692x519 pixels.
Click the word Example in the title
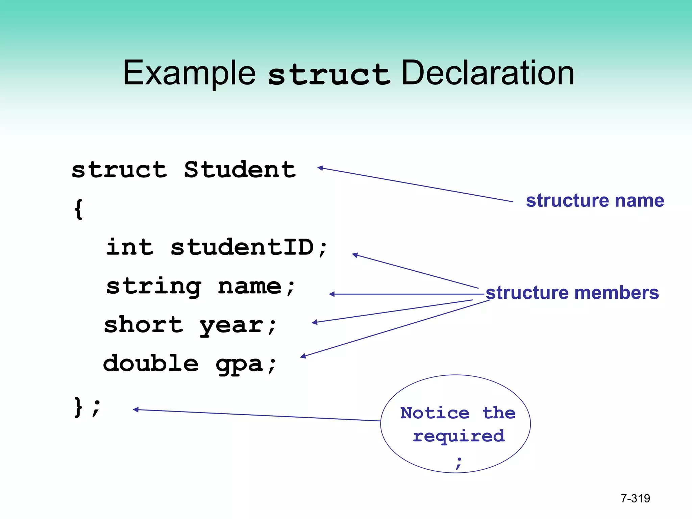pos(189,73)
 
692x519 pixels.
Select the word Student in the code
pos(240,170)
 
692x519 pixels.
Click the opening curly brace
pos(78,209)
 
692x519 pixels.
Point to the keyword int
pos(130,247)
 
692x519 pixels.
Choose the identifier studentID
pos(242,247)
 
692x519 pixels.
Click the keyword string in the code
pos(154,287)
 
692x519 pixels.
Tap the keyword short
pos(143,325)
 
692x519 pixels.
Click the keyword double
pos(151,364)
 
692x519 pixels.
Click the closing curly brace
pos(78,407)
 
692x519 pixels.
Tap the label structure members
pos(572,293)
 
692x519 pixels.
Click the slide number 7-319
pos(635,498)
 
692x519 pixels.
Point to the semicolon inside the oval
pos(459,463)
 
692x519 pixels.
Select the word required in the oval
pos(459,436)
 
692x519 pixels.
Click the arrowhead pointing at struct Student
pos(321,168)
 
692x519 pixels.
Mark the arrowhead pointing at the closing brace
pos(136,410)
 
